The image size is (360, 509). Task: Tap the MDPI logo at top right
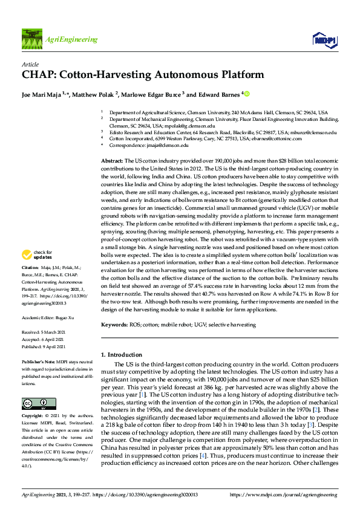[x=321, y=40]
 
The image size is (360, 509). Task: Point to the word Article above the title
[x=30, y=63]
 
